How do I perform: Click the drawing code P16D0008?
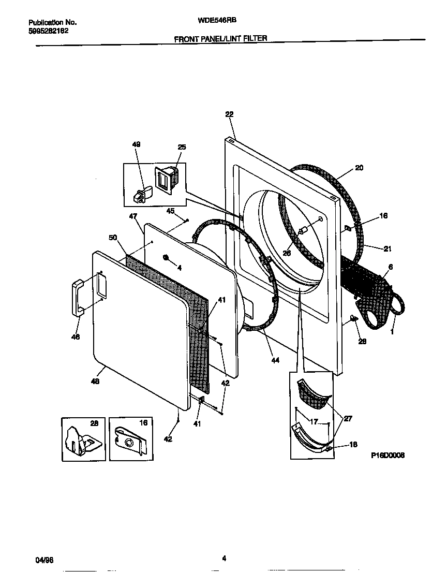point(388,456)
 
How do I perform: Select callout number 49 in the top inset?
point(137,144)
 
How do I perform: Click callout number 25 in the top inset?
point(182,148)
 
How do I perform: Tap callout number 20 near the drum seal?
point(359,168)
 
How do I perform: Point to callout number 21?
point(388,248)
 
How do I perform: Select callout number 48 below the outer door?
point(95,382)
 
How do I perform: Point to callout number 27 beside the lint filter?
point(348,418)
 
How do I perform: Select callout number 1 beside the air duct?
point(392,332)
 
